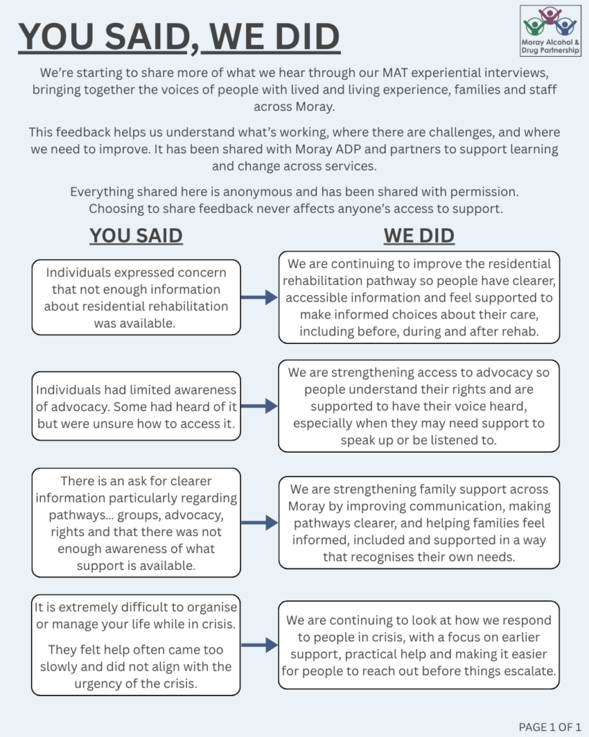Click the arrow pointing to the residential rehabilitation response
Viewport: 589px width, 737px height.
pyautogui.click(x=259, y=297)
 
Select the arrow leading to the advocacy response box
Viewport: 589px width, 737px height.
pyautogui.click(x=259, y=406)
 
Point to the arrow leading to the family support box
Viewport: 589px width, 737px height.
pyautogui.click(x=259, y=523)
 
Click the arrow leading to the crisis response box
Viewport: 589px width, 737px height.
pyautogui.click(x=259, y=646)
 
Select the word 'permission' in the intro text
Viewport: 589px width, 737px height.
pyautogui.click(x=478, y=193)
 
